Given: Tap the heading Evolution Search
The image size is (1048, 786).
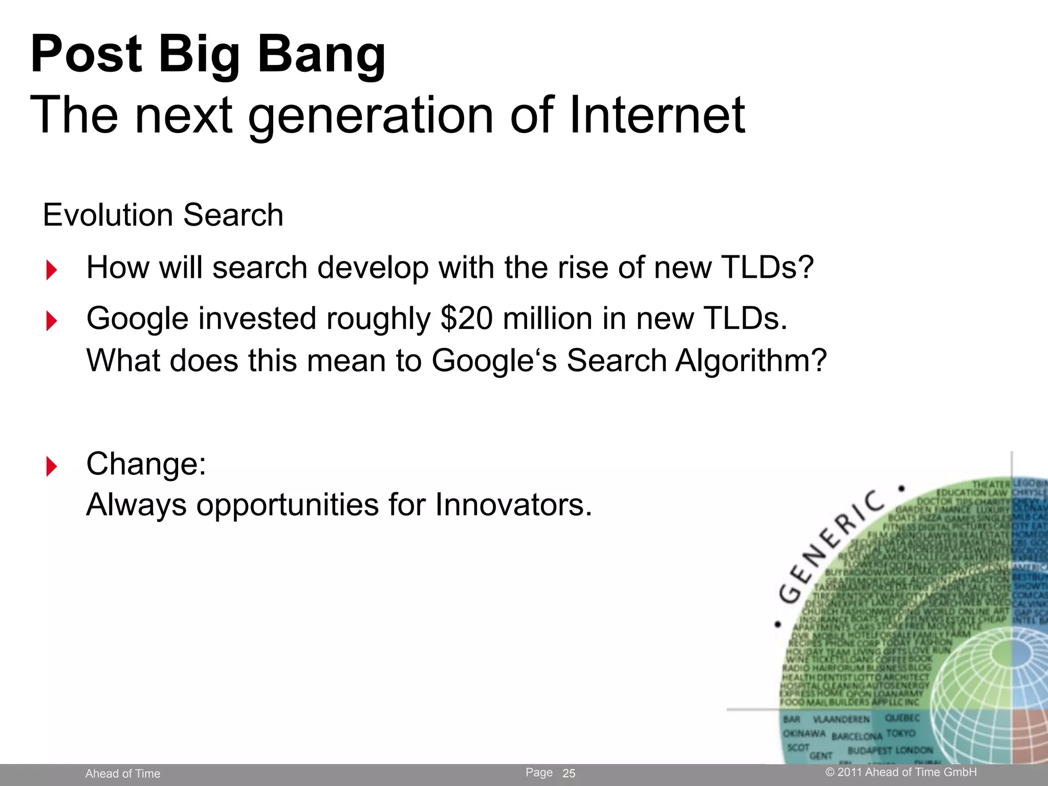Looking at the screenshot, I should coord(163,214).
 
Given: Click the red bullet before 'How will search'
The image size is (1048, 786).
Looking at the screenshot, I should coord(51,270).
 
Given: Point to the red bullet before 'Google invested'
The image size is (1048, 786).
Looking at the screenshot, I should coord(51,321).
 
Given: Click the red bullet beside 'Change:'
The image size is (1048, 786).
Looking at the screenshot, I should coord(51,466).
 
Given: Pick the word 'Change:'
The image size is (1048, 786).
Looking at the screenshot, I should coord(146,464).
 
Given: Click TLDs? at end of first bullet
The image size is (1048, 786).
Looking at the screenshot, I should coord(767,267).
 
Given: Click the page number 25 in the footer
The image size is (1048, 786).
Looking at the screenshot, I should coord(569,773).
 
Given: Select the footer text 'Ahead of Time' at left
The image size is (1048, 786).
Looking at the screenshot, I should coord(123,774).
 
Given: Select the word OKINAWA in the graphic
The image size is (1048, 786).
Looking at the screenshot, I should coord(804,733).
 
